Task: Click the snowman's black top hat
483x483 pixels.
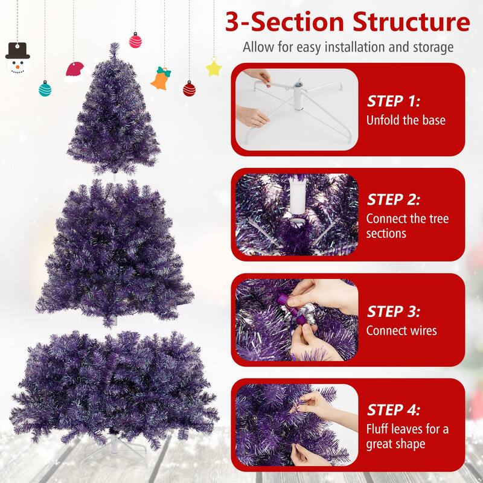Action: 18,50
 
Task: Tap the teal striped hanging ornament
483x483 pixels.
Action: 45,89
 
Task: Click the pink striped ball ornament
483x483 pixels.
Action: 135,40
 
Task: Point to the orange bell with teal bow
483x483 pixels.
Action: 161,78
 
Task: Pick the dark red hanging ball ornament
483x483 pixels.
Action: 189,89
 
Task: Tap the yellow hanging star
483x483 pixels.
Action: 214,67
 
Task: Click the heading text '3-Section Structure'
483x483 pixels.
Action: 348,22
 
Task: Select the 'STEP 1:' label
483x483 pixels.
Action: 394,101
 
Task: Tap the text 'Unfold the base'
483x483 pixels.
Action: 406,120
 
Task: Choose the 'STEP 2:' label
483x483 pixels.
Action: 394,200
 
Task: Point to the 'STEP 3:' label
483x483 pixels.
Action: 394,312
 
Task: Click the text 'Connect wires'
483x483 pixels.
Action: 401,330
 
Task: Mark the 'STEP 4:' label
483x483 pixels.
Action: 394,410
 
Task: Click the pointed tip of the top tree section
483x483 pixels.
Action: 115,43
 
